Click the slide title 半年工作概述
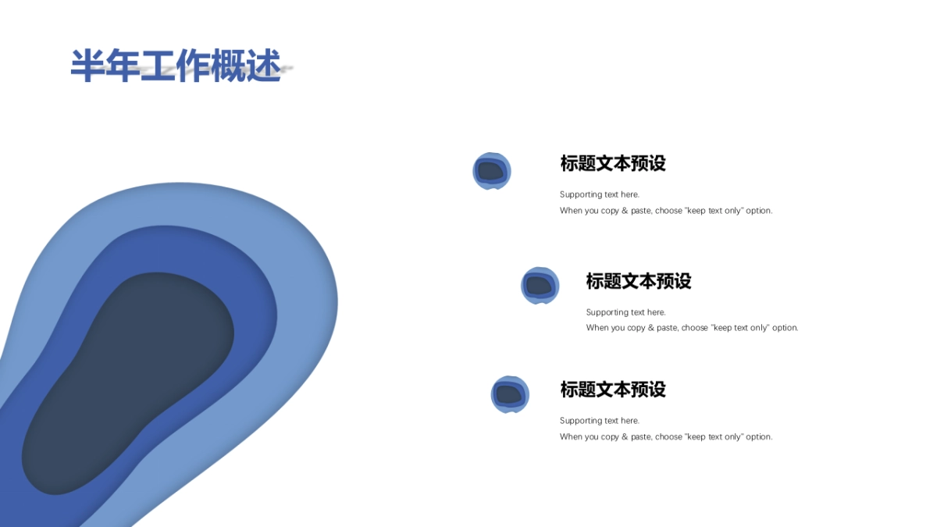tap(176, 66)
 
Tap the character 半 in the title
tap(87, 66)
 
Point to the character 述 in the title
tap(263, 66)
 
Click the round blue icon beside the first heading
tap(491, 171)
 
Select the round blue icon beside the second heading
tap(540, 285)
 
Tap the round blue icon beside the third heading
tap(509, 394)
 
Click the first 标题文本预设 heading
tap(612, 163)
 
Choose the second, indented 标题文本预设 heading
tap(638, 281)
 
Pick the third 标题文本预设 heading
tap(612, 389)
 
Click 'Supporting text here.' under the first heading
tap(599, 194)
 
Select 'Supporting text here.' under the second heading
tap(625, 312)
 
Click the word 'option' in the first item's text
tap(758, 211)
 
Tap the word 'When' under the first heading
tap(570, 211)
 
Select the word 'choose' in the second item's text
tap(694, 328)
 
